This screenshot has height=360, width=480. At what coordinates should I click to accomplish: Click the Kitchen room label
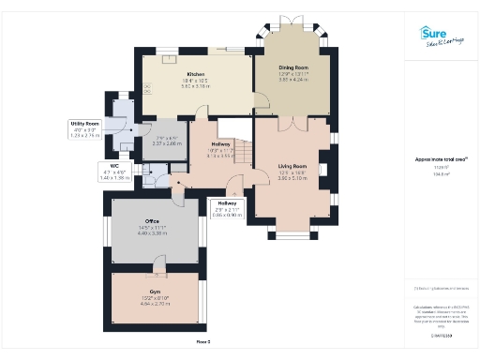tap(196, 74)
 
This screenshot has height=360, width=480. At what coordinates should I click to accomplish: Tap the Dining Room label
tap(293, 67)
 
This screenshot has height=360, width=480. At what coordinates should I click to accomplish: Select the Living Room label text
tap(293, 166)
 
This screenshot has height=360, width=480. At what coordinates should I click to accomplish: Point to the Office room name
tap(153, 221)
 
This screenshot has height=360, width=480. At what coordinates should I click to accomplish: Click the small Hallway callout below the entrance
tap(227, 209)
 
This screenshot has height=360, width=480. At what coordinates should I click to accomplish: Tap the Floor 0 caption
tap(202, 342)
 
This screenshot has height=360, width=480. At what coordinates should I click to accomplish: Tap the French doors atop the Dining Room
tap(292, 21)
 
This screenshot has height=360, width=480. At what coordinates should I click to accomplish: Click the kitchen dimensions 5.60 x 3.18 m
tap(196, 85)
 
